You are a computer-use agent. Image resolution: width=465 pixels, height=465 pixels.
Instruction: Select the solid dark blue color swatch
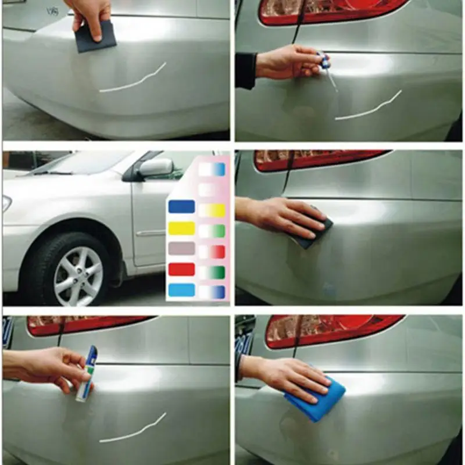(x=181, y=206)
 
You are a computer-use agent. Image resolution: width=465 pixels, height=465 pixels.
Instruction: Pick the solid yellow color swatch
(x=181, y=228)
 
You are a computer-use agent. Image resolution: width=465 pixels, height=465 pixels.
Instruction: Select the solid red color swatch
(x=181, y=270)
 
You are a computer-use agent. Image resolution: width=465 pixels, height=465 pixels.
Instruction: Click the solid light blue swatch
(x=181, y=290)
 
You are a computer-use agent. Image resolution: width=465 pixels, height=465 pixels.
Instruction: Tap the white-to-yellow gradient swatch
(x=212, y=210)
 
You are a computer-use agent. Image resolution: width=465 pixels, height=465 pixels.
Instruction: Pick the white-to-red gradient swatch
(x=212, y=252)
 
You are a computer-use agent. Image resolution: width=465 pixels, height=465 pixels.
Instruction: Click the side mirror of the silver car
(x=155, y=169)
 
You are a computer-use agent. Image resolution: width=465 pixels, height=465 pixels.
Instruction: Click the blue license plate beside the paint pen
(x=8, y=331)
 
